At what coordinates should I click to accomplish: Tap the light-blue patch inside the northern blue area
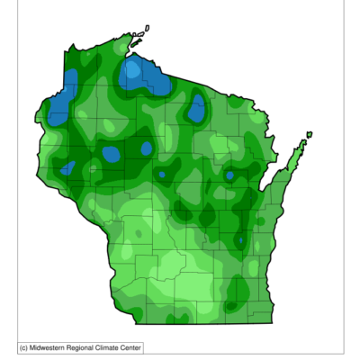pyautogui.click(x=133, y=67)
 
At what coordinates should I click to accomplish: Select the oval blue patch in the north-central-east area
pyautogui.click(x=196, y=110)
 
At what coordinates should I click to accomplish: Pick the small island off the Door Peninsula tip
pyautogui.click(x=309, y=135)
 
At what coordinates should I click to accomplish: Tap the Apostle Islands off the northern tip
pyautogui.click(x=138, y=38)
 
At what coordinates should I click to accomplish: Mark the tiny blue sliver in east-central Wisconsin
pyautogui.click(x=240, y=240)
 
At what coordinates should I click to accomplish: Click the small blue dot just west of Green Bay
pyautogui.click(x=229, y=175)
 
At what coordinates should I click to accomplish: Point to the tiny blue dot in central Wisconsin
pyautogui.click(x=162, y=174)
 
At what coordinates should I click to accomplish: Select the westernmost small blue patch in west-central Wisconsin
pyautogui.click(x=67, y=167)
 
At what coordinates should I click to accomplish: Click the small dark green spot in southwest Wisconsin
pyautogui.click(x=137, y=236)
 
